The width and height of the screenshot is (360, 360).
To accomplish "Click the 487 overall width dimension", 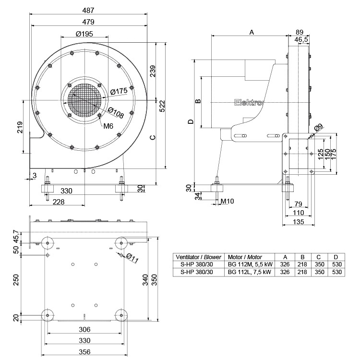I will [88, 10].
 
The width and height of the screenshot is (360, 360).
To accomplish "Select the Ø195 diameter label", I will [84, 34].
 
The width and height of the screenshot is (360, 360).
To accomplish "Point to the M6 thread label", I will [108, 126].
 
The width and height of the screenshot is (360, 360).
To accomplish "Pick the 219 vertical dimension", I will [19, 128].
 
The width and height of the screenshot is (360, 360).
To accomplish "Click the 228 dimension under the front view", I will [58, 202].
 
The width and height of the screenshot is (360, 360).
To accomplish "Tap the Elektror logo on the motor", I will [249, 102].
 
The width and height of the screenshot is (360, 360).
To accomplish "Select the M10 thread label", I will [227, 201].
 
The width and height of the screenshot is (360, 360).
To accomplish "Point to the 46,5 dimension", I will [301, 39].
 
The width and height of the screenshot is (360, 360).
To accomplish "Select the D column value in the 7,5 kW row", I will [336, 272].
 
